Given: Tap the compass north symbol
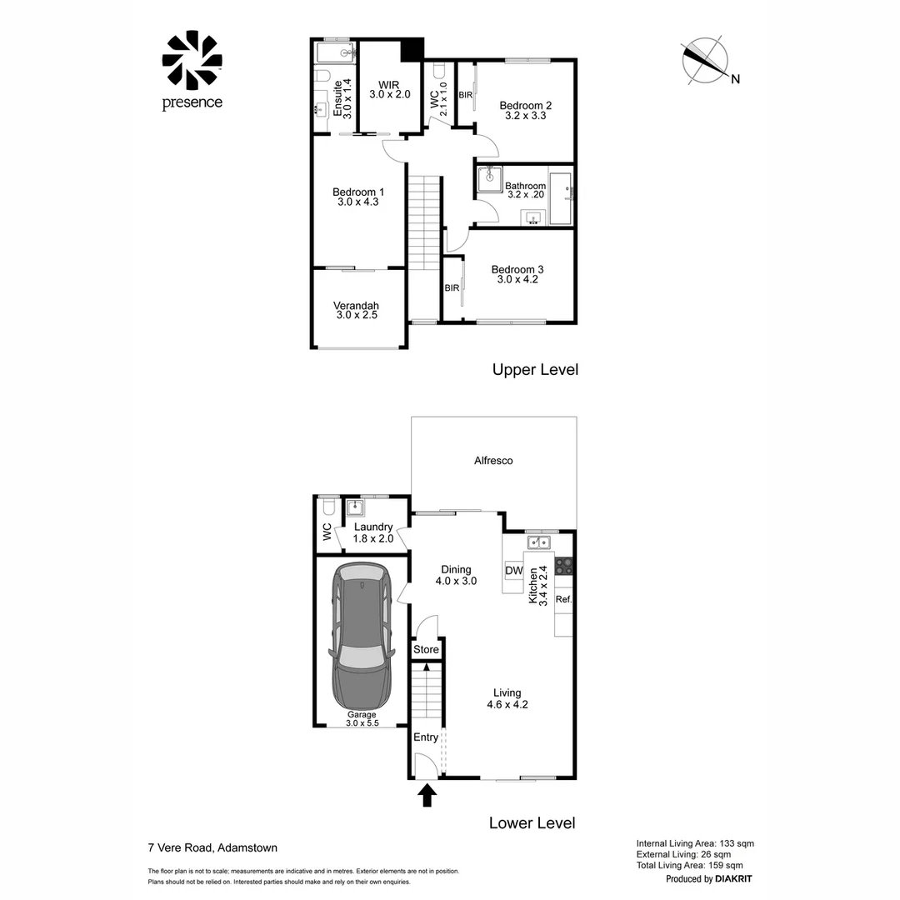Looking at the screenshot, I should pyautogui.click(x=705, y=61).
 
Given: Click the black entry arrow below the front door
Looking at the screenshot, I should pyautogui.click(x=427, y=795).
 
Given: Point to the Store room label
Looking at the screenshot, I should pyautogui.click(x=426, y=650).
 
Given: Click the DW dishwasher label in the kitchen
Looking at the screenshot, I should pyautogui.click(x=514, y=572).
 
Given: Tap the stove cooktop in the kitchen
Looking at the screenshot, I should pyautogui.click(x=564, y=566).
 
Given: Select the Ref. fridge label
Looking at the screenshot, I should pyautogui.click(x=563, y=599).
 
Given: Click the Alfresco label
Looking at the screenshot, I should pyautogui.click(x=493, y=461).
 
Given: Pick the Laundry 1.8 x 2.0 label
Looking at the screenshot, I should pyautogui.click(x=372, y=532).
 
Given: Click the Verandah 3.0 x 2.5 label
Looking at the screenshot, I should pyautogui.click(x=357, y=310).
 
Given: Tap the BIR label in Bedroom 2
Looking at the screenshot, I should pyautogui.click(x=466, y=96).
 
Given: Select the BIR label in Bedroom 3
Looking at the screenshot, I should pyautogui.click(x=452, y=288).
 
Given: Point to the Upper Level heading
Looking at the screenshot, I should pyautogui.click(x=534, y=369).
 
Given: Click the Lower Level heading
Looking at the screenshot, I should pyautogui.click(x=532, y=823).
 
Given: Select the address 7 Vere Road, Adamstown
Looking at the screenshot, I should pyautogui.click(x=212, y=849).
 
